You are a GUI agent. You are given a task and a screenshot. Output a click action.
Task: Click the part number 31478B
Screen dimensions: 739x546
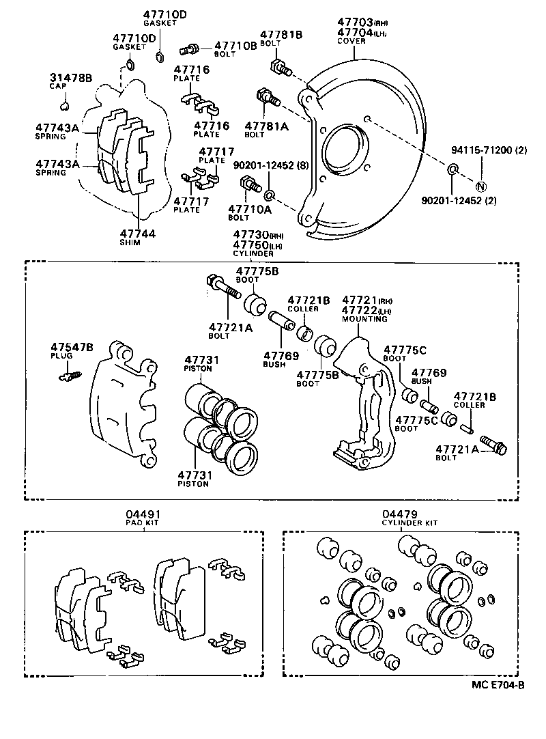[x=71, y=78]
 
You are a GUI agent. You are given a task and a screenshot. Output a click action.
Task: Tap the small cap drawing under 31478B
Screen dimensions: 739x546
[x=65, y=105]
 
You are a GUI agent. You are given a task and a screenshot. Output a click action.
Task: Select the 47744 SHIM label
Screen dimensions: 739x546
[x=139, y=234]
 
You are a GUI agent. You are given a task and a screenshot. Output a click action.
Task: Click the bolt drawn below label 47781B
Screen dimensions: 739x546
[x=281, y=68]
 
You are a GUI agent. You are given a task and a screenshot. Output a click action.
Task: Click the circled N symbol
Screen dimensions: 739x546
[x=480, y=186]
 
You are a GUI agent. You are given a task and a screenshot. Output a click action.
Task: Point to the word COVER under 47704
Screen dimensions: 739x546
[x=351, y=41]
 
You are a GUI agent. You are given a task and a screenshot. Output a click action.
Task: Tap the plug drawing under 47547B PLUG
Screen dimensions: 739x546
[x=70, y=374]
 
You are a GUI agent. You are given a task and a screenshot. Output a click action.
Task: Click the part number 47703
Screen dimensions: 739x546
[x=355, y=23]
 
